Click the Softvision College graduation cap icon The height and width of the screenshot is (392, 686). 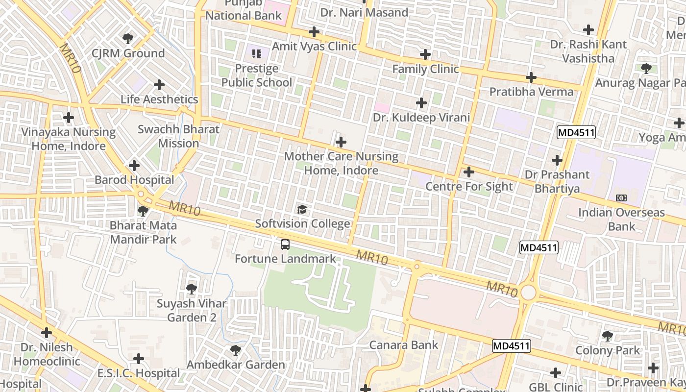pos(302,210)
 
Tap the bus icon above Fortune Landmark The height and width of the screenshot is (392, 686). pos(285,244)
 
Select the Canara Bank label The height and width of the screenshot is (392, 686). pos(404,345)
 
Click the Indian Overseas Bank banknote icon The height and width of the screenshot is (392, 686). pos(621,198)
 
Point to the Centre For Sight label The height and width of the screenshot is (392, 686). pos(469,187)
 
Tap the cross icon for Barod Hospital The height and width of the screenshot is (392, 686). pos(134,166)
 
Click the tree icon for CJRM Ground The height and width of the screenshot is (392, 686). pos(128,38)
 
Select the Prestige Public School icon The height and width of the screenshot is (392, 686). pos(256,53)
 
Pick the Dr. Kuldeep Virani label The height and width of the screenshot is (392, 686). pos(421,118)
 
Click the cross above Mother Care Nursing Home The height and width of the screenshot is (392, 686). pos(341,142)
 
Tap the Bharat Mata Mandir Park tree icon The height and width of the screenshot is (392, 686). pos(143,211)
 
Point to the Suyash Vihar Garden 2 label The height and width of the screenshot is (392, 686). pos(192,311)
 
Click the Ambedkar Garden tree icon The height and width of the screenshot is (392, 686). pos(235,350)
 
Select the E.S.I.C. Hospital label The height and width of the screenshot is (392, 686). pos(139,373)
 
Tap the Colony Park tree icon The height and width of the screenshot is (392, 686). pos(608,336)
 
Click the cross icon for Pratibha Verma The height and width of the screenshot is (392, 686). pos(531,77)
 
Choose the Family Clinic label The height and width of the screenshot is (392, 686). pos(425,69)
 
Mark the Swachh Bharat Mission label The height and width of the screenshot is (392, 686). pos(178,137)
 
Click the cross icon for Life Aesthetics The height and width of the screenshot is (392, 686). pos(159,85)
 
